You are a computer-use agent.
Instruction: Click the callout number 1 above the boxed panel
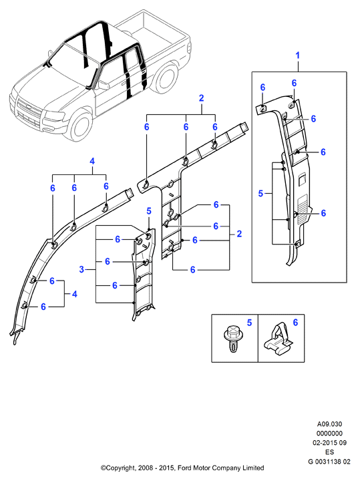[297, 55]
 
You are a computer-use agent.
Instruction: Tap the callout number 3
[81, 269]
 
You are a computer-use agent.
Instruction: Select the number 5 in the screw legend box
[249, 323]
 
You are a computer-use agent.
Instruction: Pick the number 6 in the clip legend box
[295, 322]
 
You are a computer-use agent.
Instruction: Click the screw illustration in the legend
[232, 339]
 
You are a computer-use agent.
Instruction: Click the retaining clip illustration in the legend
[277, 340]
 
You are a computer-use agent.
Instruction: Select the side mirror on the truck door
[104, 85]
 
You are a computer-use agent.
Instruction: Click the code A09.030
[329, 424]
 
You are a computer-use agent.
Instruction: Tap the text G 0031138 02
[329, 461]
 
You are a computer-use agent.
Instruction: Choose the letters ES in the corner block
[329, 452]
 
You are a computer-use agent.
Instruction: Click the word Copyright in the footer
[118, 468]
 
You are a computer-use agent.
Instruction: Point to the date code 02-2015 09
[329, 443]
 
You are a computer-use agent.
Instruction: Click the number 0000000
[329, 434]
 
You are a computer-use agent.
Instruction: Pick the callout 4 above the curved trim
[92, 161]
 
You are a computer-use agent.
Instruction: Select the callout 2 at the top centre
[201, 98]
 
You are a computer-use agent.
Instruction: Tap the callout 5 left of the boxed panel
[260, 194]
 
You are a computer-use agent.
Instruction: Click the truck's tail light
[190, 47]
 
